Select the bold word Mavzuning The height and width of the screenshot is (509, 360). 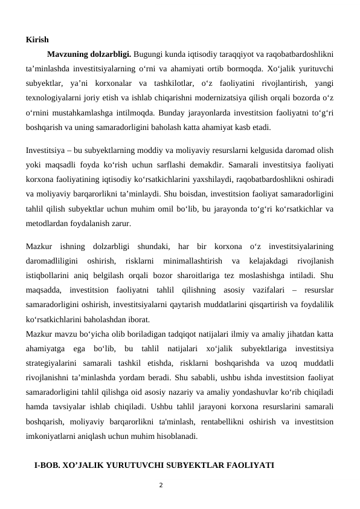pyautogui.click(x=68, y=52)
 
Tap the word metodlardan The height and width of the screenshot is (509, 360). pyautogui.click(x=47, y=224)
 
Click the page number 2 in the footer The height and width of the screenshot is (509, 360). pyautogui.click(x=160, y=484)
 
